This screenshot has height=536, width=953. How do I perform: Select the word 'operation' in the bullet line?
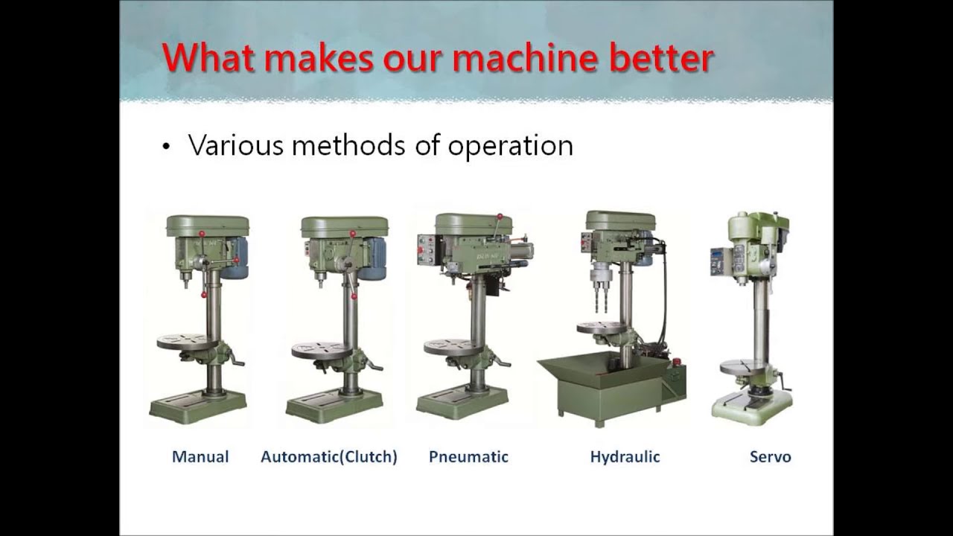click(510, 144)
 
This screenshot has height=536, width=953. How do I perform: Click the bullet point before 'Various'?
click(166, 147)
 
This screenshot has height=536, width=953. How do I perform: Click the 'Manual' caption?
click(200, 456)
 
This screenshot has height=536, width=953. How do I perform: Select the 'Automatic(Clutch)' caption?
click(328, 456)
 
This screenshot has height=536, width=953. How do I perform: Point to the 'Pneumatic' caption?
click(468, 456)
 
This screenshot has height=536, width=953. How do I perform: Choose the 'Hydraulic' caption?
click(625, 456)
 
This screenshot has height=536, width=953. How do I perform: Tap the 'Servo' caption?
click(770, 456)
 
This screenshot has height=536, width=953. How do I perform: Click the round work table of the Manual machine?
click(186, 342)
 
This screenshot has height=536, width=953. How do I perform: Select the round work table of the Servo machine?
click(745, 367)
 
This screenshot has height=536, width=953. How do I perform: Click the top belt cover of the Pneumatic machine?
click(472, 223)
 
